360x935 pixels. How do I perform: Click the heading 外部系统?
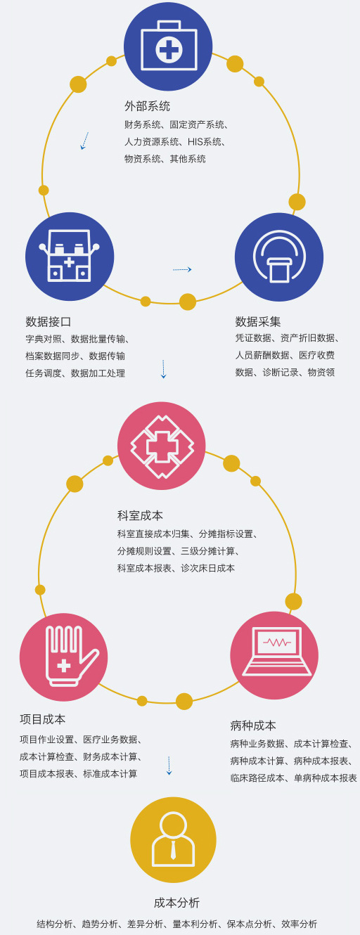click(147, 106)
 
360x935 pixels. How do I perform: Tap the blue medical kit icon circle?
click(168, 46)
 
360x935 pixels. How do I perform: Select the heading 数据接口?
click(48, 321)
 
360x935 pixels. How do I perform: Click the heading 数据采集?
click(257, 321)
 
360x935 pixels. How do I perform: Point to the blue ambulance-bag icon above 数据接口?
click(70, 257)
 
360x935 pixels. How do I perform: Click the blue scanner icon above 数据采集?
click(279, 257)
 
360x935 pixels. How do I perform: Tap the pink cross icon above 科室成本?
click(162, 446)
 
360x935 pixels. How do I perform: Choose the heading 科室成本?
click(140, 515)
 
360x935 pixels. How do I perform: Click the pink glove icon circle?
click(63, 657)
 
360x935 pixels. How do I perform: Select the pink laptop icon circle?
click(274, 655)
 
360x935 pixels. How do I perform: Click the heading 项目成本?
click(42, 719)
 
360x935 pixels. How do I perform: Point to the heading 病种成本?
click(252, 726)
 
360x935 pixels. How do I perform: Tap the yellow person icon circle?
click(173, 840)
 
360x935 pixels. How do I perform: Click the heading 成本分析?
click(176, 903)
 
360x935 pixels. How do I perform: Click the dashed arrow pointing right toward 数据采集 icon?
click(182, 270)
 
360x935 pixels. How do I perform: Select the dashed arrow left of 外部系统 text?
click(84, 141)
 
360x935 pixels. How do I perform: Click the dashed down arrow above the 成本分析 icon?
click(169, 766)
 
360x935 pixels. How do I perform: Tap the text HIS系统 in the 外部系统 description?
click(205, 142)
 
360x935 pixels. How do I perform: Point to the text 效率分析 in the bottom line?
click(299, 924)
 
